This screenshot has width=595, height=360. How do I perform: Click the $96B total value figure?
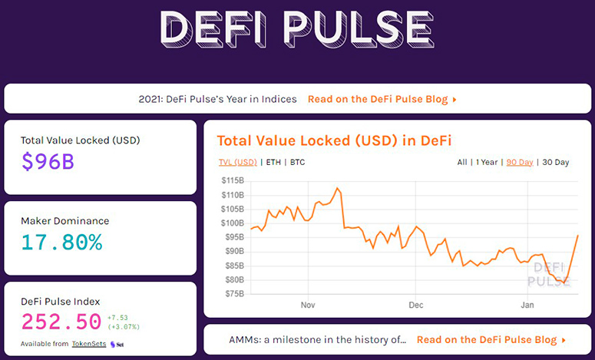click(48, 161)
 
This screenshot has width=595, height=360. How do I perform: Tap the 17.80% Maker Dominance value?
click(61, 242)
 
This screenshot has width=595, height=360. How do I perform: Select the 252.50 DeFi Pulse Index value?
click(61, 322)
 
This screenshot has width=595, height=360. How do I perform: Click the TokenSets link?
click(89, 344)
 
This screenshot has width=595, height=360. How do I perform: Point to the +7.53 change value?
click(117, 318)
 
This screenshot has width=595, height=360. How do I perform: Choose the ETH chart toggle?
click(273, 163)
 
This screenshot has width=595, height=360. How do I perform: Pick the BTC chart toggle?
click(298, 163)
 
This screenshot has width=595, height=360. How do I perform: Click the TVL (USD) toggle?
click(238, 163)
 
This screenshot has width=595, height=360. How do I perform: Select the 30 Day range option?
click(556, 163)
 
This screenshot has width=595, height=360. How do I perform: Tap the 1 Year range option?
click(487, 163)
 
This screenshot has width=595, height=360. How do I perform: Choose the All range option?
click(462, 163)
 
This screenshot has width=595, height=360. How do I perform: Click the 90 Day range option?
click(520, 163)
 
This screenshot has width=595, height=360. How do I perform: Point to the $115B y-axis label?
click(233, 180)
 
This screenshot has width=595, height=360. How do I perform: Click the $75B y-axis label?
click(233, 294)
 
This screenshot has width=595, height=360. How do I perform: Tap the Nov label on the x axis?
click(308, 305)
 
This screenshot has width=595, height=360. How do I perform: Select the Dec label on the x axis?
click(416, 305)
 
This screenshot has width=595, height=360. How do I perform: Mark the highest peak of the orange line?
click(337, 188)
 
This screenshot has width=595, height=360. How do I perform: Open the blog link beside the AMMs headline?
click(491, 340)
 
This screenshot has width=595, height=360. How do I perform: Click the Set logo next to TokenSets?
click(117, 345)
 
